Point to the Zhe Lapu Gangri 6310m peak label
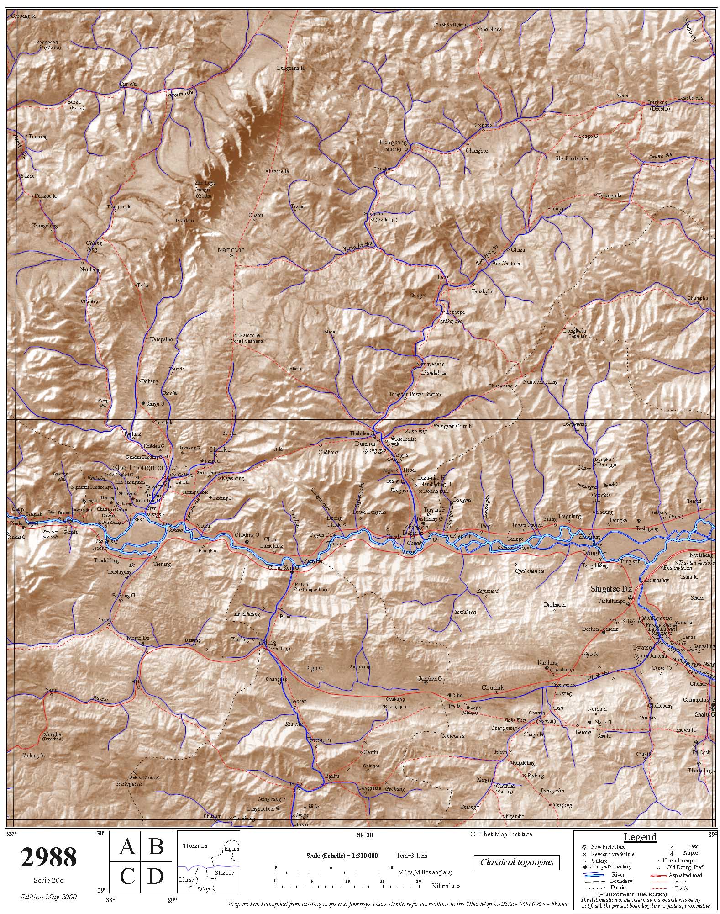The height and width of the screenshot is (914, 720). [x=205, y=189]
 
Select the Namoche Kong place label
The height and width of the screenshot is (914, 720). [x=540, y=382]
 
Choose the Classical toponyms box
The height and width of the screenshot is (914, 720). [x=516, y=862]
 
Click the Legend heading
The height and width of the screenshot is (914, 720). [x=640, y=837]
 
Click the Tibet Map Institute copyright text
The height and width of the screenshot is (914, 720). [x=501, y=834]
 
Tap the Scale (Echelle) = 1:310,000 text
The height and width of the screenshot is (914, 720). [x=342, y=856]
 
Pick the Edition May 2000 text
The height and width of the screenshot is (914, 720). [x=48, y=897]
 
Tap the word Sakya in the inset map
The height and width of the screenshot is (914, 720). [x=204, y=889]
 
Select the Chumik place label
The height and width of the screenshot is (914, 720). [x=493, y=687]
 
